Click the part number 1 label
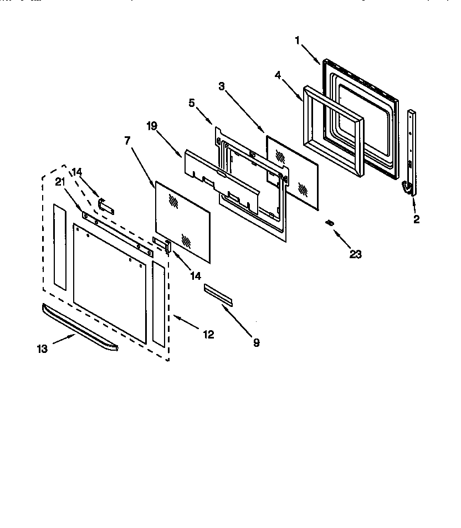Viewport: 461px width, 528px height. tap(298, 40)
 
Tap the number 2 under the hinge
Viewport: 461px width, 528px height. tap(416, 219)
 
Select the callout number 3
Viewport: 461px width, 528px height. tap(222, 86)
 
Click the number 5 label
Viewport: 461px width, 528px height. tap(192, 102)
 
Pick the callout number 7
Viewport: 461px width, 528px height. tap(127, 141)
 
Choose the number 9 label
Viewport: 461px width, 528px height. tap(256, 343)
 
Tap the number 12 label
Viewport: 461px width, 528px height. tap(208, 335)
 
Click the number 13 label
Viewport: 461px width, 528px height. tap(43, 348)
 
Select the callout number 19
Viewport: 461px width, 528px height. tap(152, 126)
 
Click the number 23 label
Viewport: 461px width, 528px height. tap(355, 254)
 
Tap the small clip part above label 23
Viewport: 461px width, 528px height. tap(330, 223)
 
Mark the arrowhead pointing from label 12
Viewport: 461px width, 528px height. tap(175, 317)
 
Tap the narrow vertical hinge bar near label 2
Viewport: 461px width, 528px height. tap(412, 144)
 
